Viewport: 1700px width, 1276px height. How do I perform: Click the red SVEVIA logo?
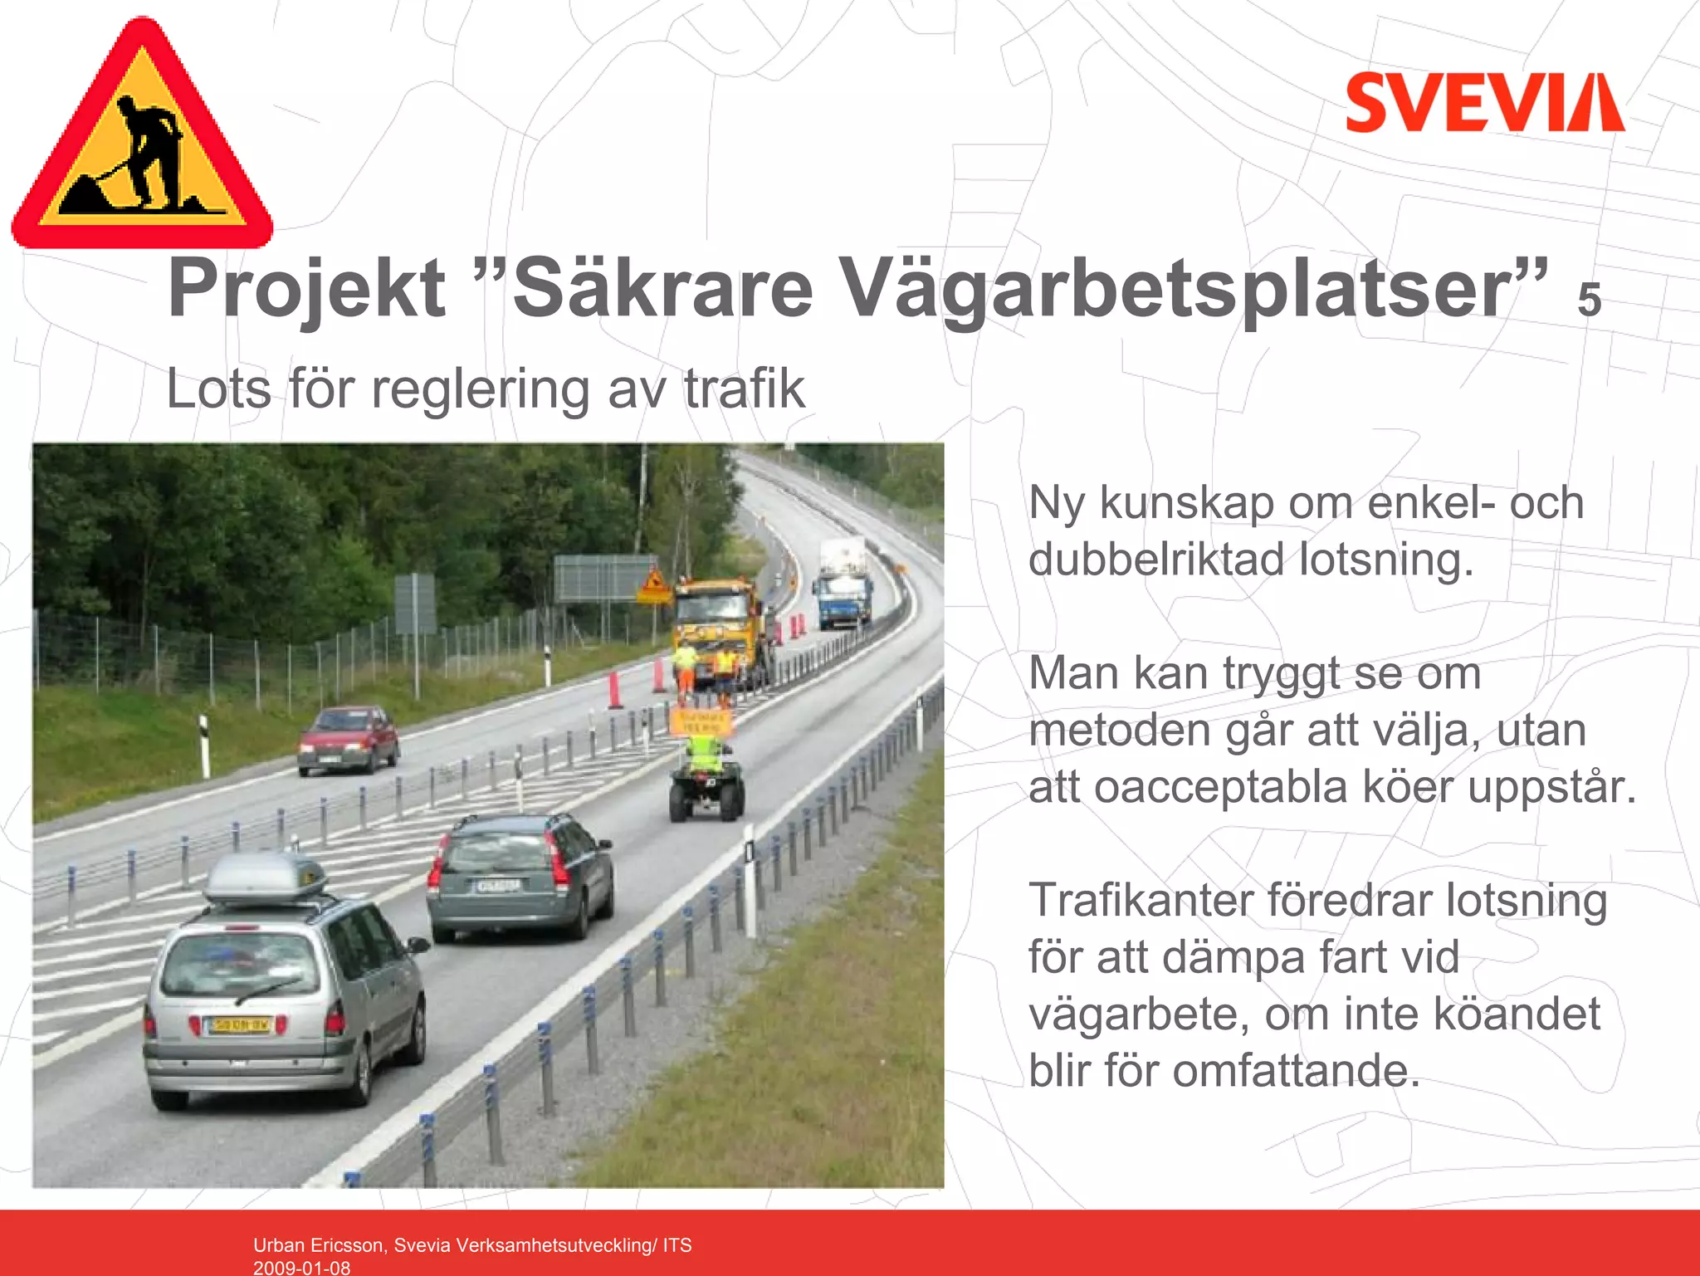(1484, 102)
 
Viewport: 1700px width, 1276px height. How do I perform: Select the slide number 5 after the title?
(1589, 301)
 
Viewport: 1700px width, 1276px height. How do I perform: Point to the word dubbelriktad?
(1157, 560)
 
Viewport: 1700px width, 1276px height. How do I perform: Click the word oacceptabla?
(1220, 787)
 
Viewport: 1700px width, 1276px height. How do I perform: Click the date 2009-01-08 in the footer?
(301, 1268)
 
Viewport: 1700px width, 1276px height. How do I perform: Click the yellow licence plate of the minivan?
(239, 1026)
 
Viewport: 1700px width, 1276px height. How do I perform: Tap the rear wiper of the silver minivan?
(267, 990)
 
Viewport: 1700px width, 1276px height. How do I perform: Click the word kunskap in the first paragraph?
(1186, 503)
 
